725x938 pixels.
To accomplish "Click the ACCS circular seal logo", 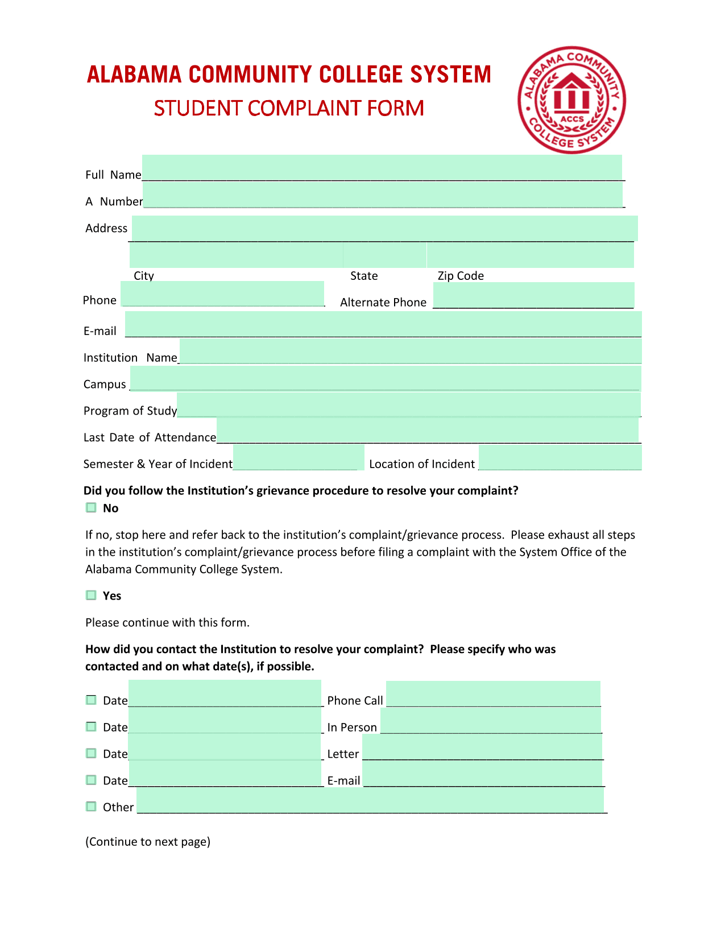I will click(x=571, y=100).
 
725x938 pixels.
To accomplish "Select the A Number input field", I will click(x=383, y=195).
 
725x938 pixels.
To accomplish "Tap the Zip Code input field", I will click(x=530, y=255).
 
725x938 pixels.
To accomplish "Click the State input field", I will click(x=385, y=255).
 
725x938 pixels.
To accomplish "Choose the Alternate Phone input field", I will click(x=533, y=295).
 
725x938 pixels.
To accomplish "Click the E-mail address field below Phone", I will click(x=383, y=324).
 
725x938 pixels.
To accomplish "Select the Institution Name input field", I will click(x=411, y=351).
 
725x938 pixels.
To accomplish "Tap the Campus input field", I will click(x=386, y=378).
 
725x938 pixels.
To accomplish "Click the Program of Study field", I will click(x=409, y=404).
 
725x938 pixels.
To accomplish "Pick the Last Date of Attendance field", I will click(x=428, y=431).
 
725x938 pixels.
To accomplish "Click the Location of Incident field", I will click(x=560, y=457).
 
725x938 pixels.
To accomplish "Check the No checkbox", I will click(x=91, y=507).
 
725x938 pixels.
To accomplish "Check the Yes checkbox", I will click(x=91, y=595).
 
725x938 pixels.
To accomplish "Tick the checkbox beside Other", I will click(x=91, y=807).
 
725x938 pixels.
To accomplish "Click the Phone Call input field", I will click(x=493, y=694).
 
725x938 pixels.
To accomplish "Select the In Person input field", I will click(x=491, y=721).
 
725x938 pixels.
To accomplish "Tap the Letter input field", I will click(x=482, y=747).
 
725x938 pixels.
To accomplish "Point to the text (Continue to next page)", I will click(x=148, y=842).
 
